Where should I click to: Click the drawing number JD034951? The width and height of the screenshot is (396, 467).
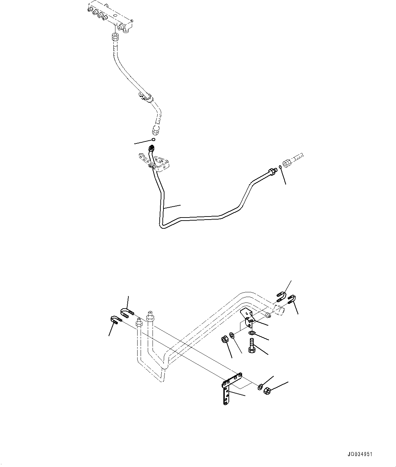361,454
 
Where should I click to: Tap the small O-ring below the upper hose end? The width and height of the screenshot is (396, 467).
154,139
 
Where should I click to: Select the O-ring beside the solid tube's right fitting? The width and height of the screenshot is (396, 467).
280,167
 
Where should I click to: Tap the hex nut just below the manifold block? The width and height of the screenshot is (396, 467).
115,36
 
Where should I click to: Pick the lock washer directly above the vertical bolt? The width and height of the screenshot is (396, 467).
252,333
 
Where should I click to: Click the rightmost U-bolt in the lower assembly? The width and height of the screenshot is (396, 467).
292,299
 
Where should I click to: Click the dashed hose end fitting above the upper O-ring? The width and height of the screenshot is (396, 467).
157,129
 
